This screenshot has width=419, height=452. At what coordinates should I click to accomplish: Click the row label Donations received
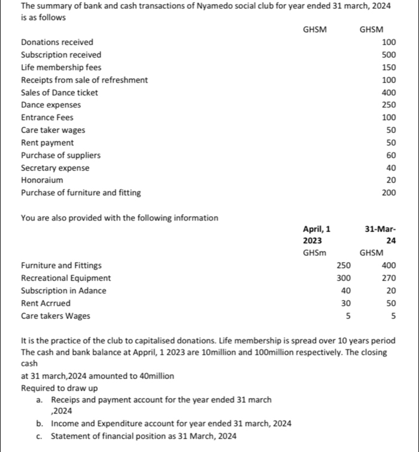tap(57, 42)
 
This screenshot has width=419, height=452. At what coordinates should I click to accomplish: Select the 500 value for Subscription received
tap(389, 54)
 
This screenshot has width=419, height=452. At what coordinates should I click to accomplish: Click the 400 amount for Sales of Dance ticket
tap(389, 92)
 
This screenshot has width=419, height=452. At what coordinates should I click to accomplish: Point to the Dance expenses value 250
tap(389, 105)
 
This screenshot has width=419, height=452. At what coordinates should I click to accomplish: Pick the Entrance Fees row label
tap(47, 117)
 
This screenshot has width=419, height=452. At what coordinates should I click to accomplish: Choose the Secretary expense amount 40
tap(391, 168)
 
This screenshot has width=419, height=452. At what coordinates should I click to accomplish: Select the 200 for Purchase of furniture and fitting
tap(389, 193)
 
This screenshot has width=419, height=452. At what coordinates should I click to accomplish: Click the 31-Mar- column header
tap(381, 229)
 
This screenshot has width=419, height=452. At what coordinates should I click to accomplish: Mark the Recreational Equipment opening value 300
tap(343, 278)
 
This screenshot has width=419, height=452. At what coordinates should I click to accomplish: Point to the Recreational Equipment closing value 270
tap(389, 278)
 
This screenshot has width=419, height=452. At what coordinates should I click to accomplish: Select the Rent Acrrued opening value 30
tap(345, 303)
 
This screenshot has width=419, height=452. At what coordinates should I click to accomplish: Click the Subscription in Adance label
tap(63, 290)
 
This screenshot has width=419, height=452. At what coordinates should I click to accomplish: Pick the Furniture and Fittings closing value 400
tap(389, 265)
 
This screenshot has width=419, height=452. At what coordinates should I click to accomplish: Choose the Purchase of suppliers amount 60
tap(391, 155)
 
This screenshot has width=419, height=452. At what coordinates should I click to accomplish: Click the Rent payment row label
tap(47, 142)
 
